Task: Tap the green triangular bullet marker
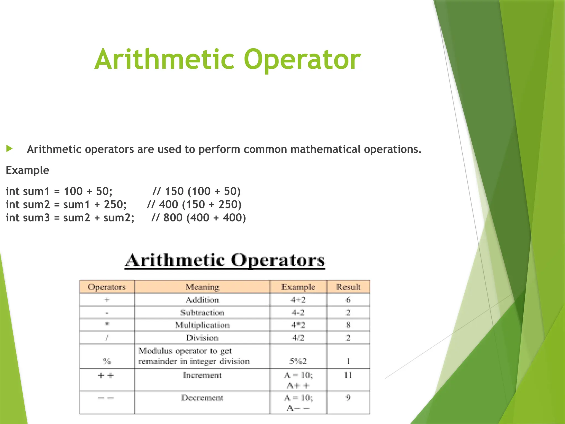coord(9,149)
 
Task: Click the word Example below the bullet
coord(27,170)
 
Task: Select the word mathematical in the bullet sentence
coord(326,149)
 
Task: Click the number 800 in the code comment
coord(173,218)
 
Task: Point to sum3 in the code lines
coord(36,218)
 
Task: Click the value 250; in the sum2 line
coord(115,205)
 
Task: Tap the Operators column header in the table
coord(107,287)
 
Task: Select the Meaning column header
coord(202,287)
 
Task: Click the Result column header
coord(348,287)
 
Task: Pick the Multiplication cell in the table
coord(202,325)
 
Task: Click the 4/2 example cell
coord(298,338)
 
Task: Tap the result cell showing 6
coord(348,300)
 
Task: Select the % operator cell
coord(106,361)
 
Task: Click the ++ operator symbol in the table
coord(106,375)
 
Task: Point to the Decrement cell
coord(202,398)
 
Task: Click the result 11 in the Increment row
coord(348,375)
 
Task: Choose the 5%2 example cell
coord(298,361)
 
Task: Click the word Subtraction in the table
coord(202,312)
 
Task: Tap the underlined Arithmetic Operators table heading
coord(225,260)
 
